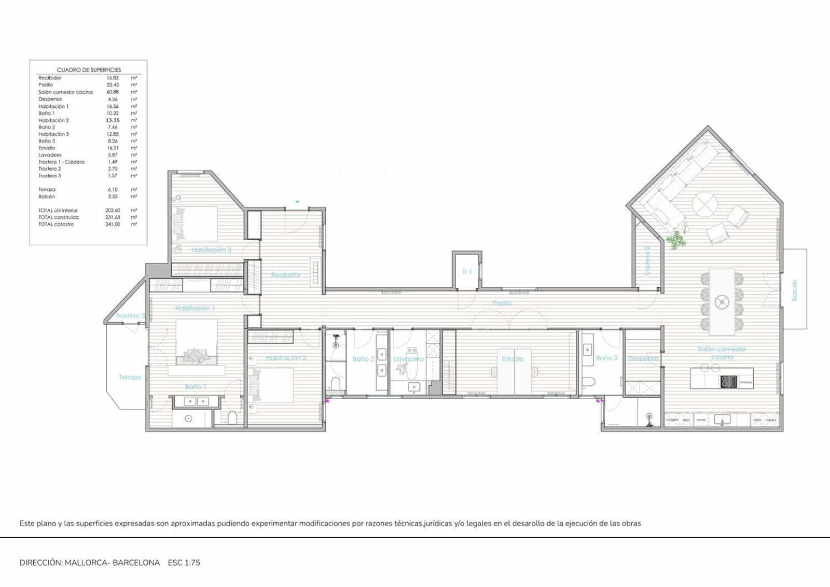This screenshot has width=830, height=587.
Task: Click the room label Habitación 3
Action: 211,250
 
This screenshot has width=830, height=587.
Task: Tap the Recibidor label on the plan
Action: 286,275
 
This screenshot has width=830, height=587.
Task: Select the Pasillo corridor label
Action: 502,303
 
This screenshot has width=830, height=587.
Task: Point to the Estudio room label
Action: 513,359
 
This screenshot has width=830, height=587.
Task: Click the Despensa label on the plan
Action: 643,358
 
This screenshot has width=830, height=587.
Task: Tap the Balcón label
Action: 794,290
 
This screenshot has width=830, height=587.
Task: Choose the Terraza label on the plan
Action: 130,377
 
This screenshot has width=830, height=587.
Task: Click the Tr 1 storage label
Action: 467,272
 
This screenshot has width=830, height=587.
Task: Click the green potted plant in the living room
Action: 675,240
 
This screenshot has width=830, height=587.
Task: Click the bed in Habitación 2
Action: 271,385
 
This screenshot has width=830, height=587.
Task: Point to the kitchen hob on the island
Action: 728,382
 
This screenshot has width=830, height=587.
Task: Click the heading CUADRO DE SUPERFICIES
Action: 89,69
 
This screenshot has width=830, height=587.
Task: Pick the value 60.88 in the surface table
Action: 112,92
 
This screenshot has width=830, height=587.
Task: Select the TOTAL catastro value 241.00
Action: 112,225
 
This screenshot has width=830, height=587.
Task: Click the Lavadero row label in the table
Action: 50,155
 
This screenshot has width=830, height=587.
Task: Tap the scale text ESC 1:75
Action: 184,563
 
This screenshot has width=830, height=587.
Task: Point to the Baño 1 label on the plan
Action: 196,387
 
